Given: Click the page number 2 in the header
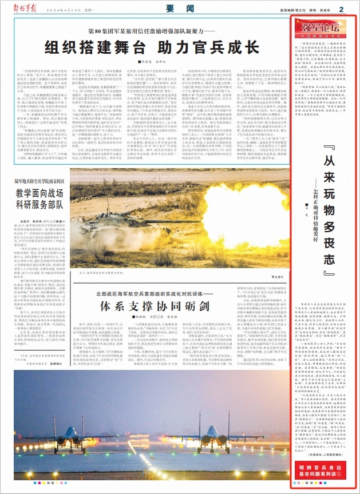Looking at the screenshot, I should pos(341,9).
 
